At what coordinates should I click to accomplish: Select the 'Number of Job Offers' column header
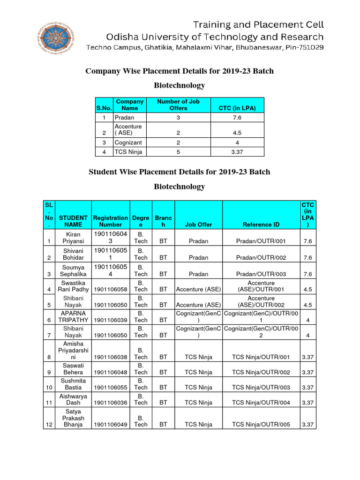(x=178, y=105)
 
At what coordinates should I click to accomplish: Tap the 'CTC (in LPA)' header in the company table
(x=237, y=108)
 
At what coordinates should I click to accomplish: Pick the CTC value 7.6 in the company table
(x=237, y=118)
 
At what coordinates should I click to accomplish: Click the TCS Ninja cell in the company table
(x=128, y=152)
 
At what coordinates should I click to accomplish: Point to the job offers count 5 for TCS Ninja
(x=178, y=152)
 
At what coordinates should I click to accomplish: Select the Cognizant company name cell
(x=128, y=142)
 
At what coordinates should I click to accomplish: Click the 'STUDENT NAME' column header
(x=73, y=221)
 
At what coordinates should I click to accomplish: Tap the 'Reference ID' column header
(x=261, y=225)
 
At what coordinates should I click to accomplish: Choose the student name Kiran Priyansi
(x=73, y=237)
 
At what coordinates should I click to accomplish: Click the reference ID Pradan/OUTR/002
(x=261, y=257)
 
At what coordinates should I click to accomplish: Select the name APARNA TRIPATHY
(x=73, y=316)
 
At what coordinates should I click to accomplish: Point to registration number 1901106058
(x=110, y=290)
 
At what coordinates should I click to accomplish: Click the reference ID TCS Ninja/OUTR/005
(x=261, y=425)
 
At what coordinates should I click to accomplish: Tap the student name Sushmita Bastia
(x=73, y=384)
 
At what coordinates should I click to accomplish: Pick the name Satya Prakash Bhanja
(x=73, y=418)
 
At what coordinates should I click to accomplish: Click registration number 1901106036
(x=110, y=403)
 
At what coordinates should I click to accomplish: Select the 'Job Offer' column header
(x=198, y=225)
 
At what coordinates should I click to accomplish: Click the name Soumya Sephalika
(x=73, y=270)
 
